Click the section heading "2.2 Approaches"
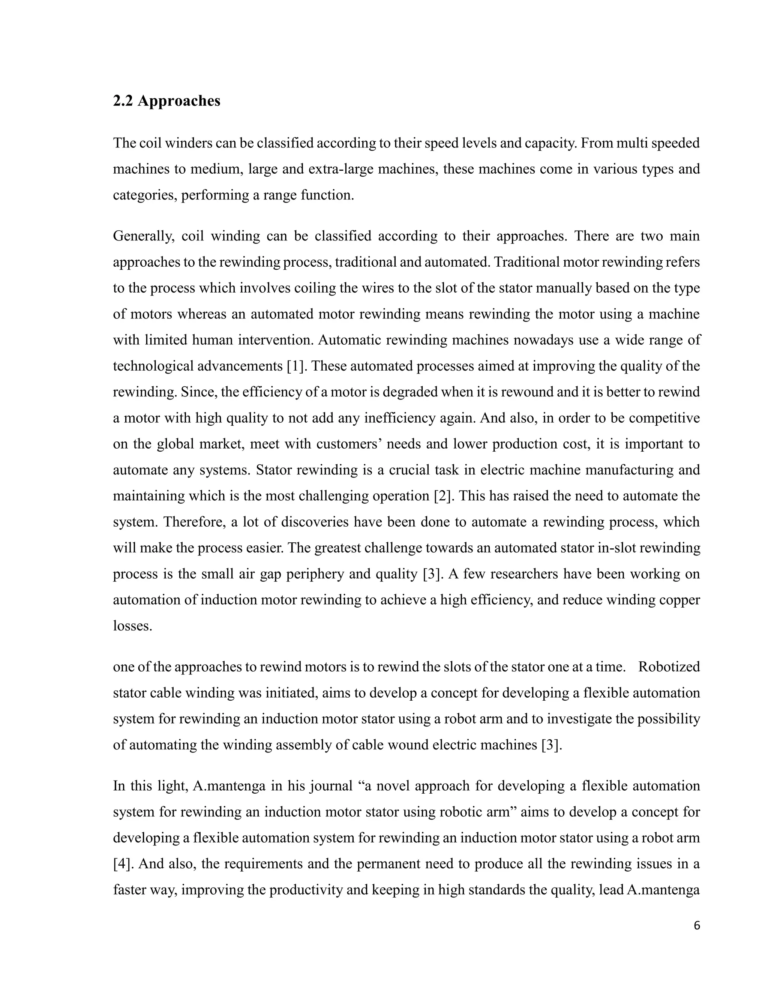(x=166, y=101)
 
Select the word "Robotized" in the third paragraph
(x=669, y=667)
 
